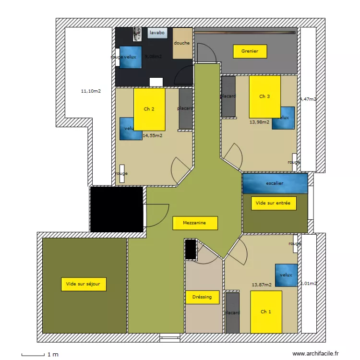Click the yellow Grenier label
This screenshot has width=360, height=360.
[250, 51]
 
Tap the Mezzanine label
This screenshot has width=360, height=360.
[195, 223]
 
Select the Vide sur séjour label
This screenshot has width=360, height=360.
[84, 284]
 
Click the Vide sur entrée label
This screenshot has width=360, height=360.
[274, 203]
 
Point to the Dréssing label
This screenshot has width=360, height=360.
[202, 297]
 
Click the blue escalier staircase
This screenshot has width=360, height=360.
[275, 183]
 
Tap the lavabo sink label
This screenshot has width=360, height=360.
[157, 33]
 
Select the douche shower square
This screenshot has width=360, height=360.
[182, 44]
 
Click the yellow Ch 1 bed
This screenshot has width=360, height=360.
[266, 312]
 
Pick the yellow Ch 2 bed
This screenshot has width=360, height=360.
[149, 109]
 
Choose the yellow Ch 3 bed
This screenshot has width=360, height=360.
[264, 96]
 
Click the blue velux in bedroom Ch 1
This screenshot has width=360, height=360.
[287, 275]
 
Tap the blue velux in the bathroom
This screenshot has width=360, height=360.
[131, 57]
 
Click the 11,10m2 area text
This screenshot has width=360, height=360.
[91, 90]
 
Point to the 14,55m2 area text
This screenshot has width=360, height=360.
[153, 135]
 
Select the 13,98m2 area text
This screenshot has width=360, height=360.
[259, 122]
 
